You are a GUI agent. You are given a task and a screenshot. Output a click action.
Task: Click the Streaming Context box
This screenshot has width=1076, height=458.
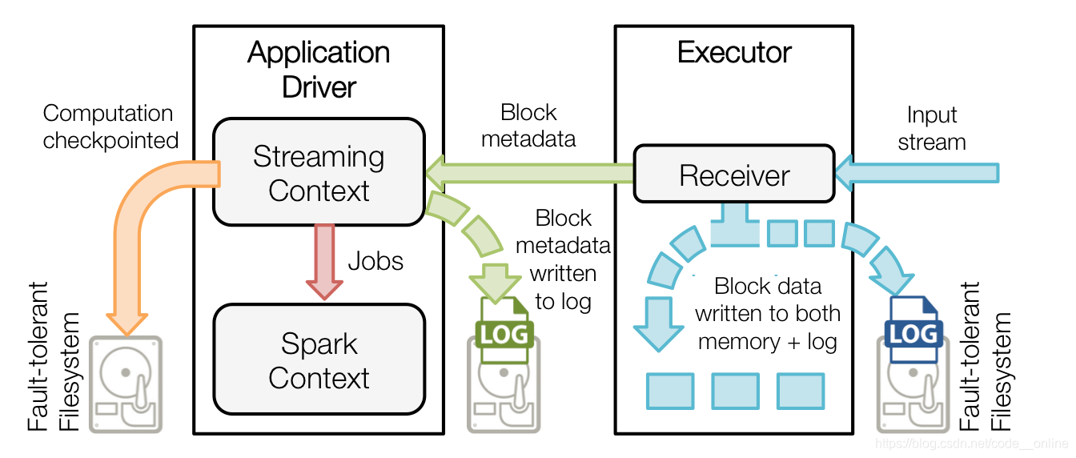(319, 171)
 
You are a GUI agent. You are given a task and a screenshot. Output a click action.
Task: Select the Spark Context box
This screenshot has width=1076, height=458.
(319, 359)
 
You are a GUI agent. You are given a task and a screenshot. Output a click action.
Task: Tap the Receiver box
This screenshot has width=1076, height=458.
(734, 174)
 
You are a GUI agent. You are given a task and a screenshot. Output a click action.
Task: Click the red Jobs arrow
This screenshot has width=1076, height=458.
(324, 262)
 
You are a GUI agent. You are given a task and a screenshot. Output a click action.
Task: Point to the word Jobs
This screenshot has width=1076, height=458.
(375, 262)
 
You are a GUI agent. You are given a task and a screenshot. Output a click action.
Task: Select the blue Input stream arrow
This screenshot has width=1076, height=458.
(917, 173)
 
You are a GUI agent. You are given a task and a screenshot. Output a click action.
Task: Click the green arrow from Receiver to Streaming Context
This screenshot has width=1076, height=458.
(529, 173)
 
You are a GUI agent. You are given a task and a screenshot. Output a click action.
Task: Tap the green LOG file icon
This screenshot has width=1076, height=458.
(504, 330)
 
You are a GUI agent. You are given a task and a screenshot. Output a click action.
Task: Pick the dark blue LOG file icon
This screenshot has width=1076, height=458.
(913, 330)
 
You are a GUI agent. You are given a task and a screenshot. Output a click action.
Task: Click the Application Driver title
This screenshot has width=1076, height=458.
(319, 70)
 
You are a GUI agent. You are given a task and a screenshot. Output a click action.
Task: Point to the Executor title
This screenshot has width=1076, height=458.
(734, 52)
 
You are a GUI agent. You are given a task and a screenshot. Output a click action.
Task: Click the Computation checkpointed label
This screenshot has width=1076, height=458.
(110, 127)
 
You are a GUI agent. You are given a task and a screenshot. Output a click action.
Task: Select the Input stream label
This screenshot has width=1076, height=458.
(932, 128)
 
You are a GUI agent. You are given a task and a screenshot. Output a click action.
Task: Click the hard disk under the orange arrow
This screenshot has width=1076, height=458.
(126, 384)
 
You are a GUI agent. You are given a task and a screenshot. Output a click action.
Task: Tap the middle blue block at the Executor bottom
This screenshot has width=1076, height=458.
(736, 391)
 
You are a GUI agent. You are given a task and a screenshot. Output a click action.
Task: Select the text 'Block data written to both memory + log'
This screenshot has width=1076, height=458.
(768, 314)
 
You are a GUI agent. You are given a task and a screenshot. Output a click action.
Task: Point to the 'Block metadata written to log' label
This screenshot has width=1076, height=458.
(563, 259)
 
